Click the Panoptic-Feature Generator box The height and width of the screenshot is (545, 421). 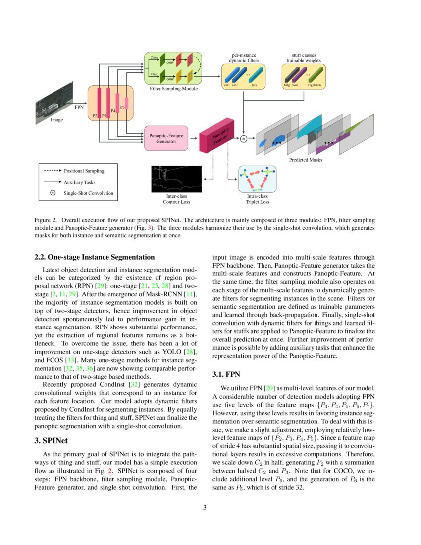[166, 138]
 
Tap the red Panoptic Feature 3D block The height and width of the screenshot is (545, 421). [216, 134]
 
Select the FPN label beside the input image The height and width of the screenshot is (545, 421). [79, 107]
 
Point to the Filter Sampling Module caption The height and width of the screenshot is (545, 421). [173, 89]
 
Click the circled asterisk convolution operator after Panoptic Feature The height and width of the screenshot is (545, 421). [243, 139]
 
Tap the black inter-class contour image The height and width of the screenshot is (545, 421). [176, 179]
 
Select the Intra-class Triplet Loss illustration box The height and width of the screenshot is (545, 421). [257, 179]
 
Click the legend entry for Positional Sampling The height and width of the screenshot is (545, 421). [84, 171]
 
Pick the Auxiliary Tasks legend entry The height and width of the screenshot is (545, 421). [80, 182]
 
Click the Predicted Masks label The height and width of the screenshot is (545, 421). [306, 160]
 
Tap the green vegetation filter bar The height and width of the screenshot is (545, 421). [315, 75]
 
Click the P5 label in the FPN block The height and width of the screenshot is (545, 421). [122, 106]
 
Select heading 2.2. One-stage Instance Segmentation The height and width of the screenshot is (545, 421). [95, 257]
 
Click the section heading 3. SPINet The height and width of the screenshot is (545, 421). [52, 441]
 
